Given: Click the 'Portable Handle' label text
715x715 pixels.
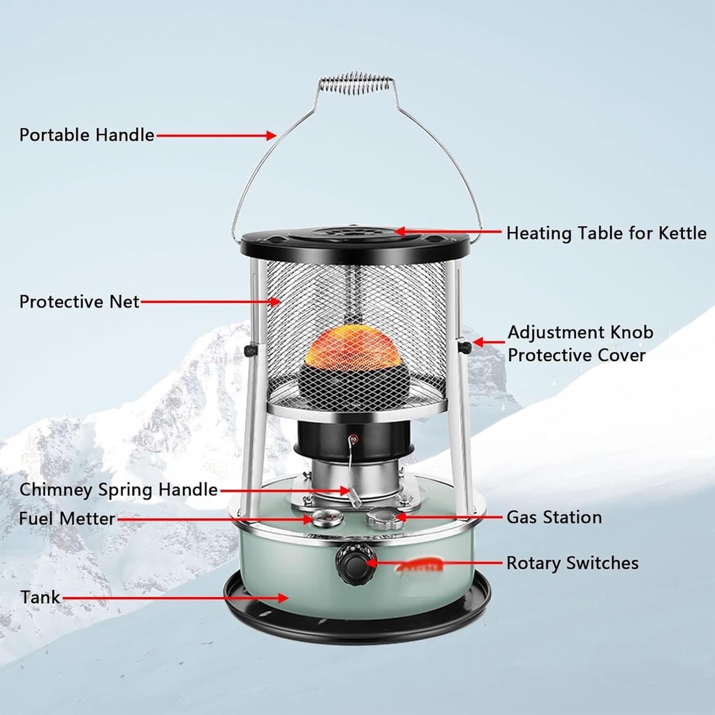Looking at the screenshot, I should point(87,135).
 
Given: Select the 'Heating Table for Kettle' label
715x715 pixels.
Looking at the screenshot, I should point(606,233).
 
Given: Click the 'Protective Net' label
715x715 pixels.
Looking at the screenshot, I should point(80,302).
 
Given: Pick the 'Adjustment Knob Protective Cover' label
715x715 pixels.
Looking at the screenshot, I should point(580,343).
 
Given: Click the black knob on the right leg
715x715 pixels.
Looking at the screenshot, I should point(464,346).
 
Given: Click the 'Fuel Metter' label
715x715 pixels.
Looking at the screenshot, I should point(67,519).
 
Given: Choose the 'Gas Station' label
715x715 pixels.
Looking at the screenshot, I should point(554,517).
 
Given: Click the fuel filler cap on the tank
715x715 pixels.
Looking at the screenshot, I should point(385,518).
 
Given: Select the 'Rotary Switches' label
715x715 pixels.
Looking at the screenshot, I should point(572,562).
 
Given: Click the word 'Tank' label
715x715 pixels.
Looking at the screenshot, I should point(40,598).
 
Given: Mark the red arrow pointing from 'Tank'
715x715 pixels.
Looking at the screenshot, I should point(175,598).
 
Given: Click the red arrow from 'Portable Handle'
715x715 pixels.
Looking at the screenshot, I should point(216,135).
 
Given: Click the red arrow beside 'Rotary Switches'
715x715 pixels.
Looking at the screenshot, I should point(432,562).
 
